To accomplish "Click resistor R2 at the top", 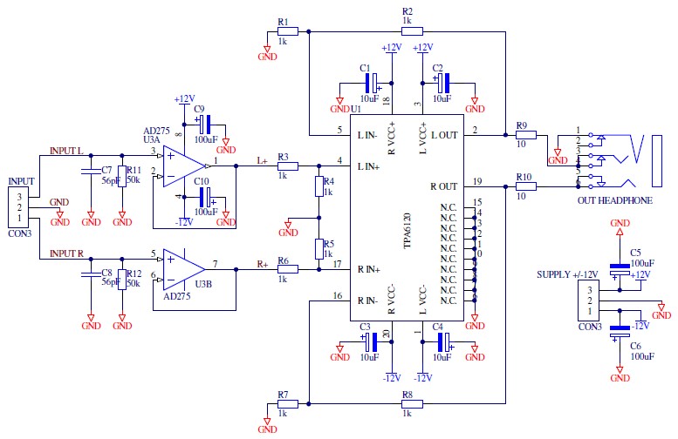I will tap(413, 30).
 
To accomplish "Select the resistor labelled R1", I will tap(288, 30).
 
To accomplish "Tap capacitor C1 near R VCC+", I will tap(373, 83).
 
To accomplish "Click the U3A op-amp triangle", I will tap(180, 164).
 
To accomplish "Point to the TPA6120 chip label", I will tap(407, 230).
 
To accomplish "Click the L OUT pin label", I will tap(442, 135).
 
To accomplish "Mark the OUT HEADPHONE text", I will tap(614, 201).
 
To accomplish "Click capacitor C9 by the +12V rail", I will tap(208, 125).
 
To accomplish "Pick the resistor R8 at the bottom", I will tap(413, 403).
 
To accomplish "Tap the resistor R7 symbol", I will tap(288, 403).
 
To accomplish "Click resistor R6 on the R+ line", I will tap(288, 269).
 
